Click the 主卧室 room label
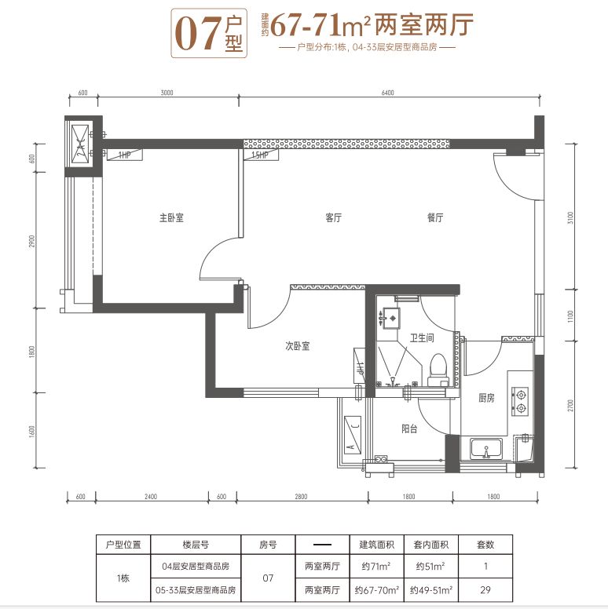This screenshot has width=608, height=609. pyautogui.click(x=171, y=217)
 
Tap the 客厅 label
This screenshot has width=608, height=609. pyautogui.click(x=334, y=217)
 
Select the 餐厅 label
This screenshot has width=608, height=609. pyautogui.click(x=435, y=217)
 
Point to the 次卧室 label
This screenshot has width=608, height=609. pyautogui.click(x=298, y=345)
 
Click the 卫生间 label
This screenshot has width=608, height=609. pyautogui.click(x=422, y=338)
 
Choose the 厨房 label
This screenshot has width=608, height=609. pyautogui.click(x=486, y=398)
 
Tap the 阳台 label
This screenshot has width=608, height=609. pyautogui.click(x=409, y=428)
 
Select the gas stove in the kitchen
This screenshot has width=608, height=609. pyautogui.click(x=520, y=402)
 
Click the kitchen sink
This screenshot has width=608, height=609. pyautogui.click(x=486, y=449)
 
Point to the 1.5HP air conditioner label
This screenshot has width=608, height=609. pyautogui.click(x=260, y=155)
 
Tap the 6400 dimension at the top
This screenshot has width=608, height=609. pyautogui.click(x=387, y=93)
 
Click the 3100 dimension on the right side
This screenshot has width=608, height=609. pyautogui.click(x=570, y=218)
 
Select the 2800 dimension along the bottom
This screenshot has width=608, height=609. pyautogui.click(x=301, y=496)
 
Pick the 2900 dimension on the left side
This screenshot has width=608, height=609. pyautogui.click(x=32, y=241)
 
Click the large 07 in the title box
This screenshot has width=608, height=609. pyautogui.click(x=197, y=35)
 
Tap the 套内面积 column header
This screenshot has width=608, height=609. pyautogui.click(x=431, y=545)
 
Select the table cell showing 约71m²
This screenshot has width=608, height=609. pyautogui.click(x=376, y=567)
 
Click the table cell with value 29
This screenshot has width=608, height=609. pyautogui.click(x=485, y=590)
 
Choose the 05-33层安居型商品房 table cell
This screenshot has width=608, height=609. pyautogui.click(x=196, y=590)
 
